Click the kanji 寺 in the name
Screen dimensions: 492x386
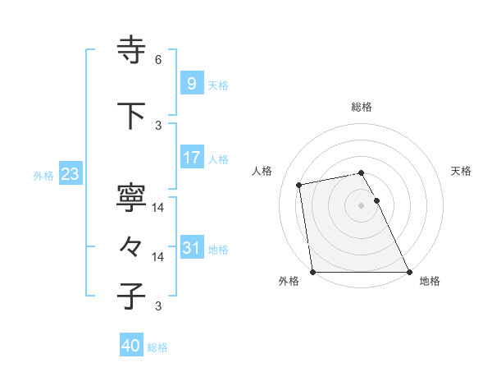132,51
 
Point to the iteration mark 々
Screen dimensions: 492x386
132,246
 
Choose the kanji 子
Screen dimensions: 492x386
132,296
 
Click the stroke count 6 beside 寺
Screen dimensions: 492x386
158,60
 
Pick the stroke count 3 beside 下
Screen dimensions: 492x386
158,125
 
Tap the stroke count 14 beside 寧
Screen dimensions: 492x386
158,208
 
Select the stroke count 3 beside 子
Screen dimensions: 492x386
158,306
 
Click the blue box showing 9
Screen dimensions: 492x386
191,84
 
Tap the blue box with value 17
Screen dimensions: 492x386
191,158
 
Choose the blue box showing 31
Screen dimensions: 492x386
191,248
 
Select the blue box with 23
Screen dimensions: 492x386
70,174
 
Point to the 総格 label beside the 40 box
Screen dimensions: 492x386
157,347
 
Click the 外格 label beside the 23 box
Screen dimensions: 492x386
43,175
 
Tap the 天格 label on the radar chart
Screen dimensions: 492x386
462,171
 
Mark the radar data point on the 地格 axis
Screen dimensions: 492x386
408,272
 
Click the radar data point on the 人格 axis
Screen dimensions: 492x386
300,184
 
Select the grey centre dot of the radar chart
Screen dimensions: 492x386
361,205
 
